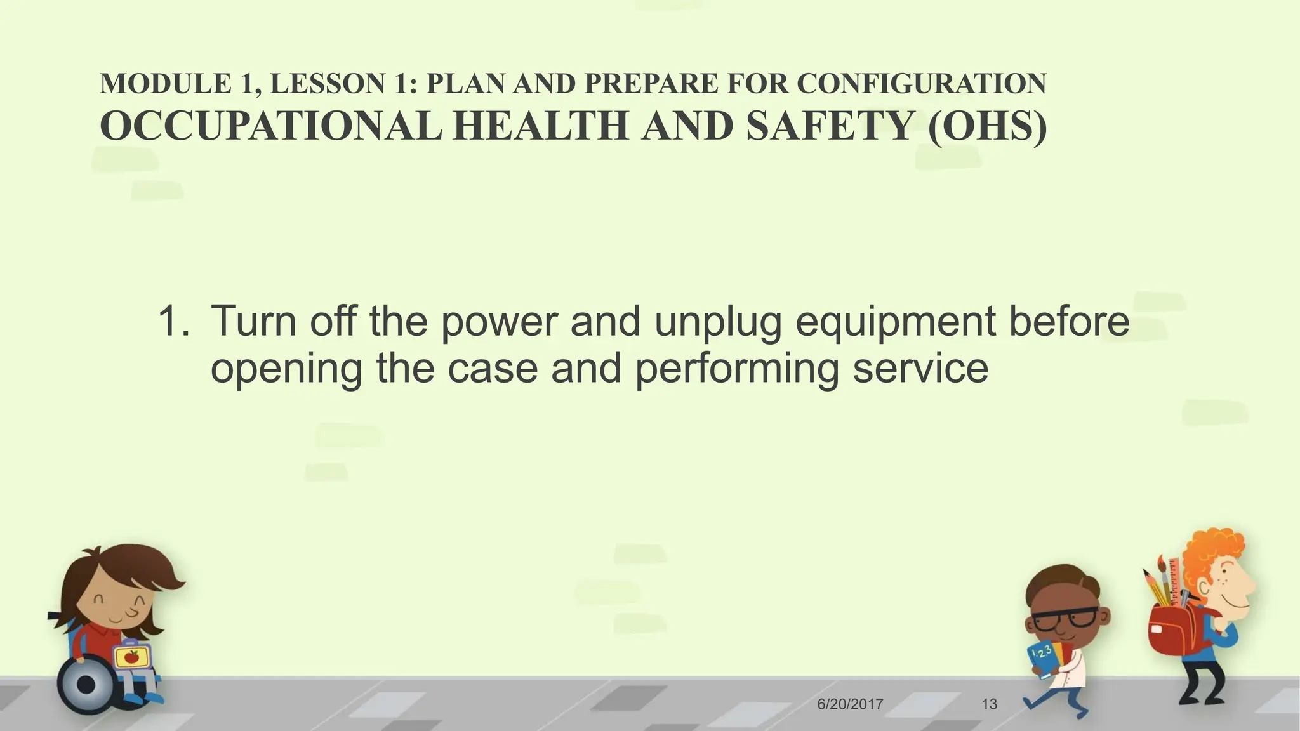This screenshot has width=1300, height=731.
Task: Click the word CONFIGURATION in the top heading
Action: (921, 84)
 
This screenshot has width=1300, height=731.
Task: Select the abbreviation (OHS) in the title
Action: (987, 126)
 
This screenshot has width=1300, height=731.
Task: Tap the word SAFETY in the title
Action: (830, 126)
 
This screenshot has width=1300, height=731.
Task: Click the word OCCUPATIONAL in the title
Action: (270, 126)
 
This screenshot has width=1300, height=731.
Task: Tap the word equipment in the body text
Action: (895, 322)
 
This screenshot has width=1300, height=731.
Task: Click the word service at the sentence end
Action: (920, 368)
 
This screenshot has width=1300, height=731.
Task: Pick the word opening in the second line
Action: (286, 369)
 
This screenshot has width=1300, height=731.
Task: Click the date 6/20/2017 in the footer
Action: (850, 704)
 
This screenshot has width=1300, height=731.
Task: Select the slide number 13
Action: (989, 704)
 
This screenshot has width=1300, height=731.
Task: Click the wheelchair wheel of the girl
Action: (87, 685)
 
